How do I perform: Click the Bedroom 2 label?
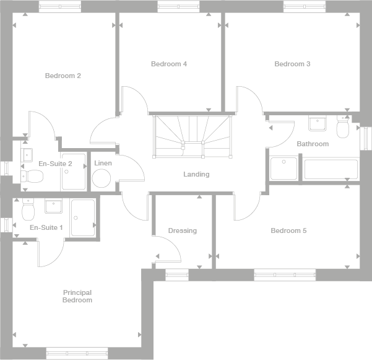[x=63, y=76]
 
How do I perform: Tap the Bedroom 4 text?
[x=168, y=64]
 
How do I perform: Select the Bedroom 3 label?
[x=292, y=64]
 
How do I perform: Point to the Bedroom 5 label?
[x=288, y=230]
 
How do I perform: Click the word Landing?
[x=196, y=174]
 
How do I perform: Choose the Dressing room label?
[x=182, y=230]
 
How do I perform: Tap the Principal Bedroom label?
[x=77, y=296]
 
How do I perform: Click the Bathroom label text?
[x=313, y=144]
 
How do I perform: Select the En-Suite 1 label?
[x=46, y=228]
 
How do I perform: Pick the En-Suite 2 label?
[x=55, y=164]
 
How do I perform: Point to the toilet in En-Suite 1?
[x=27, y=212]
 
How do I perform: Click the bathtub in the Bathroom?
[x=329, y=169]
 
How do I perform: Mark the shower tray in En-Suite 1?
[x=82, y=217]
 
